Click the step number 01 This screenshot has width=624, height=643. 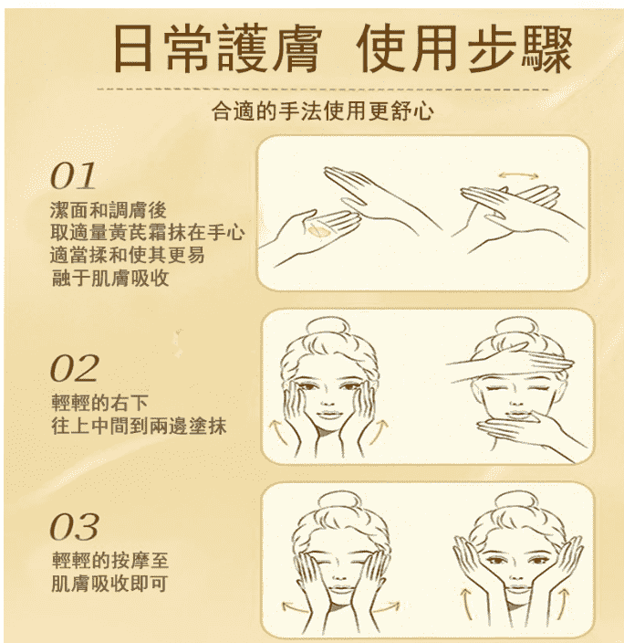pos(73,176)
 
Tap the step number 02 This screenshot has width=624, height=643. pos(74,368)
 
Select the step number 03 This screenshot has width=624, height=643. pos(74,526)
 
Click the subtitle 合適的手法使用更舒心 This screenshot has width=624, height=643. pos(322,111)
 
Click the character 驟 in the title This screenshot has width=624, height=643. pos(546,48)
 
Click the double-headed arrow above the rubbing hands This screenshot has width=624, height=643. pos(518,176)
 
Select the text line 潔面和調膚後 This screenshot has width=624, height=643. pos(109,210)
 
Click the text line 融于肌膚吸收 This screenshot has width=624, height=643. pos(109,278)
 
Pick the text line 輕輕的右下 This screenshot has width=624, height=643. pos(99,402)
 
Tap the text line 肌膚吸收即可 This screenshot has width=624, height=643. pos(109,583)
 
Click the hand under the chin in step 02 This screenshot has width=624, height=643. pos(533,433)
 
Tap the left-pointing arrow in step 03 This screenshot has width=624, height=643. pos(294,606)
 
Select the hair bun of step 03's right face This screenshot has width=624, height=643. pos(517,503)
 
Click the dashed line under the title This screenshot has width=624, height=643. pos(323,89)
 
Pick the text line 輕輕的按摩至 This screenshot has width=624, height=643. pos(109,560)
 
